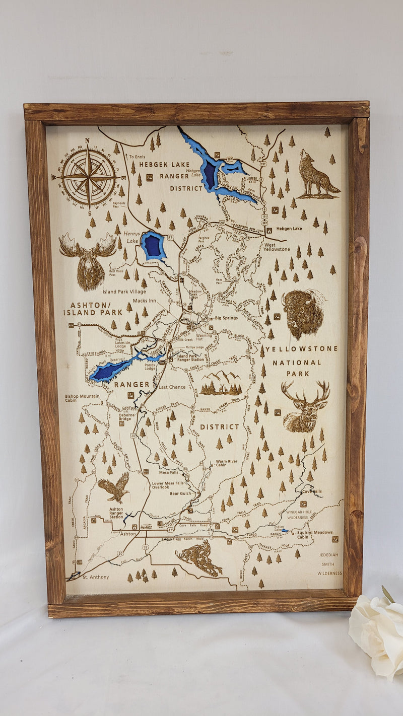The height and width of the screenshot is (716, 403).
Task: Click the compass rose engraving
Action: [x=89, y=177]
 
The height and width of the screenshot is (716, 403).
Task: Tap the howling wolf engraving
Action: [x=317, y=174]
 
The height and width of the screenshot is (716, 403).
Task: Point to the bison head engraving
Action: [x=302, y=313]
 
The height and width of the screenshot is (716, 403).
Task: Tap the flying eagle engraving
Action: [x=115, y=487]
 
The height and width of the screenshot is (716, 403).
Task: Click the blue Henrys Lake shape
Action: [x=153, y=246]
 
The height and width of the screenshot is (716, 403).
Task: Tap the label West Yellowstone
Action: [x=277, y=249]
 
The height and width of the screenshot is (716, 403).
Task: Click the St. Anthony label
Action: [x=96, y=577]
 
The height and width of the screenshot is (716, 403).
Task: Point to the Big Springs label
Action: [x=225, y=318]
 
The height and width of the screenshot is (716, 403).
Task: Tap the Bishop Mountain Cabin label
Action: [x=82, y=399]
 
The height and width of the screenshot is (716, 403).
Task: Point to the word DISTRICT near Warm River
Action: [x=220, y=427]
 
